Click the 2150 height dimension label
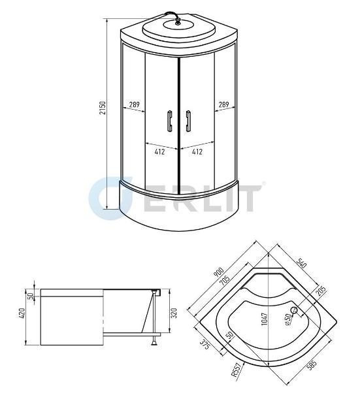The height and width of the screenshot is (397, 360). pyautogui.click(x=103, y=108)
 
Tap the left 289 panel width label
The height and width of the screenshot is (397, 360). pyautogui.click(x=135, y=104)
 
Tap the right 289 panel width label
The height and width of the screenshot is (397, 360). pyautogui.click(x=224, y=104)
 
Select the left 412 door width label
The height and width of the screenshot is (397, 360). pyautogui.click(x=159, y=151)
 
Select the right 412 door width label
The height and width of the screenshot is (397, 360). pyautogui.click(x=197, y=151)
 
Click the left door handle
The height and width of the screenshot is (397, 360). pyautogui.click(x=169, y=121)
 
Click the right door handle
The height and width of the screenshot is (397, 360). pyautogui.click(x=188, y=121)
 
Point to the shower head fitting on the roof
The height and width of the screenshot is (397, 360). pyautogui.click(x=178, y=22)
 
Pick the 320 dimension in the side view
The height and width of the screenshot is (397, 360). pyautogui.click(x=174, y=313)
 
